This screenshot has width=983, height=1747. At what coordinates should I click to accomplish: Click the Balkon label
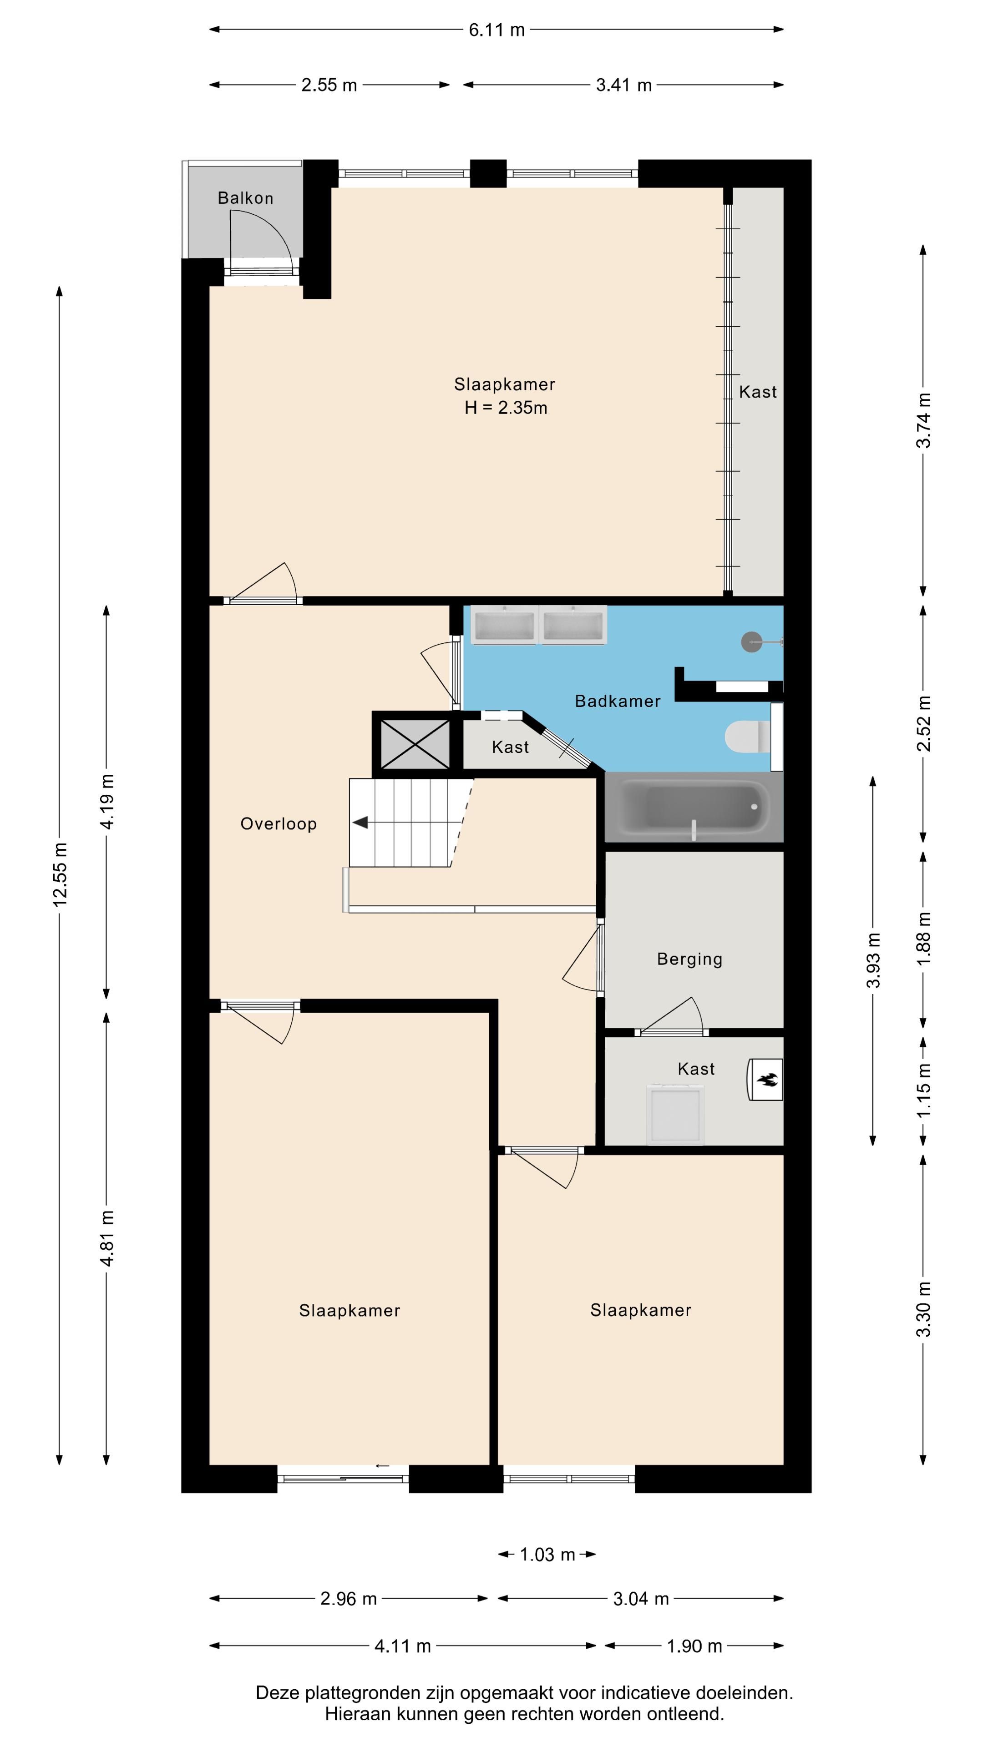point(246,198)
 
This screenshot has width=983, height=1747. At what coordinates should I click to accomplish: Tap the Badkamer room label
point(618,701)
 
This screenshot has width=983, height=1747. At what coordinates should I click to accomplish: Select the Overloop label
point(279,824)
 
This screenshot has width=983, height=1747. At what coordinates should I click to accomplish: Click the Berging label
point(690,959)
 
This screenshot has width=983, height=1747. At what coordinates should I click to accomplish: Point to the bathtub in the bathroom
point(693,806)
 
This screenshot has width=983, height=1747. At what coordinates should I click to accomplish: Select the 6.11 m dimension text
point(497,30)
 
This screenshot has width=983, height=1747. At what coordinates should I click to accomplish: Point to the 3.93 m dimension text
point(874,960)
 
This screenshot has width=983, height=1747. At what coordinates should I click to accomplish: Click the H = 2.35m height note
point(506,408)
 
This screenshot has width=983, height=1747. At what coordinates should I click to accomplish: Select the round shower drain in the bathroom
point(752,641)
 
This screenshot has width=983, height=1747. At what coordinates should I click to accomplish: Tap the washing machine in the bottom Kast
point(676,1114)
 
